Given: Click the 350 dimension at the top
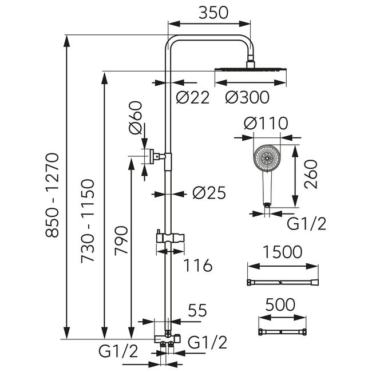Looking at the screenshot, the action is [213, 13].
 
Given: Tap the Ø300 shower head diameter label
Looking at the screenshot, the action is [247, 97].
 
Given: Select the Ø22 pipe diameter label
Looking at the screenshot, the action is [193, 97].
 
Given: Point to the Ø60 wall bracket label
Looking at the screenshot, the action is [136, 117].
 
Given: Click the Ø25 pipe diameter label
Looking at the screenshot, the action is [209, 193].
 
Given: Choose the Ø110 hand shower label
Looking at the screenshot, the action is [266, 123].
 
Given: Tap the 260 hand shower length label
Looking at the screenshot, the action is [311, 175].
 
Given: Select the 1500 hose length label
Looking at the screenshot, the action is [283, 252].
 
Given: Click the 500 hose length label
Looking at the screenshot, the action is [280, 304].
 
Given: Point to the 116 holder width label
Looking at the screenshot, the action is [198, 265].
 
